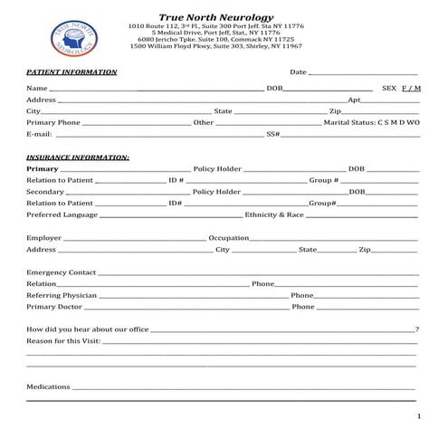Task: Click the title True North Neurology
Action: point(214,16)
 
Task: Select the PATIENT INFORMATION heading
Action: point(71,71)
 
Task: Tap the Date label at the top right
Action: point(299,71)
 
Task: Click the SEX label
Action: point(390,88)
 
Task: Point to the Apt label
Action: point(355,100)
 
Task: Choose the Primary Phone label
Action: point(53,122)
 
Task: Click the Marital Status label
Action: point(349,122)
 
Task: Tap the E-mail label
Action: point(39,134)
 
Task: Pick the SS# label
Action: point(272,134)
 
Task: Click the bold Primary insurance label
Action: point(43,168)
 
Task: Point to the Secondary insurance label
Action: point(45,192)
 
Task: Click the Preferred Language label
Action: point(62,215)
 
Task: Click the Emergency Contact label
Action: point(61,272)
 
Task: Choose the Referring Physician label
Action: point(62,295)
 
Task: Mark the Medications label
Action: point(48,386)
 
